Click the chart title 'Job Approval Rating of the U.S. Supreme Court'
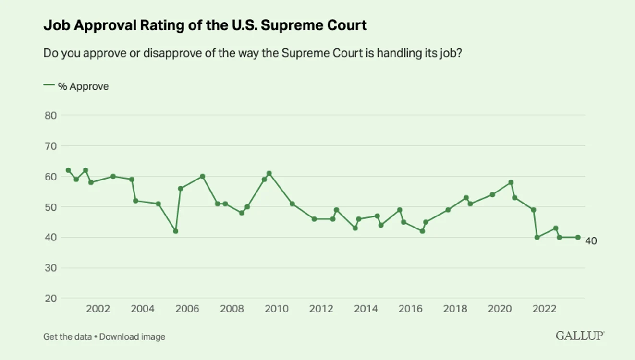205,25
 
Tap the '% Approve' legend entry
76,86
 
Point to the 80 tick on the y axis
50,116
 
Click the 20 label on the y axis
50,298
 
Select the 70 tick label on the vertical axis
50,146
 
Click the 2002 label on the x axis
98,309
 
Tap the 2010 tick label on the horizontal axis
276,309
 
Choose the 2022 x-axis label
544,309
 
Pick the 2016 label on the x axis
411,309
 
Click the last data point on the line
578,237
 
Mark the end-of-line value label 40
591,241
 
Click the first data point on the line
68,170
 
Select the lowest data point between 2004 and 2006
175,231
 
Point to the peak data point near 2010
269,173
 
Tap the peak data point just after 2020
511,182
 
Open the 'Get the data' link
67,337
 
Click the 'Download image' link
132,337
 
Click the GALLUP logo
580,336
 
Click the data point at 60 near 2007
202,177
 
